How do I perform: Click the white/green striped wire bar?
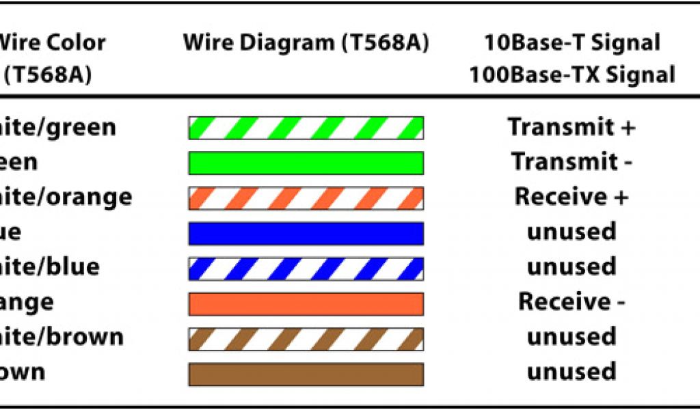(x=306, y=128)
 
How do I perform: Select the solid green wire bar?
(x=306, y=163)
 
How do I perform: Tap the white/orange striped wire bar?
(x=306, y=197)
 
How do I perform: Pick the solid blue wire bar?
(x=306, y=233)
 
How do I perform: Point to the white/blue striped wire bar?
(x=306, y=268)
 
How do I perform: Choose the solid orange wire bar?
(x=306, y=303)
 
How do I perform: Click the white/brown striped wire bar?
(x=306, y=338)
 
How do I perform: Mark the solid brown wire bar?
(x=306, y=374)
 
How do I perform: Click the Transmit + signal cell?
(x=571, y=127)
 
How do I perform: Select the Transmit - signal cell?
(x=571, y=162)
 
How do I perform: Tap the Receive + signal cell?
(x=571, y=197)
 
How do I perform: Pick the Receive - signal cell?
(x=571, y=301)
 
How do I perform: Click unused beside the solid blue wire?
(x=571, y=232)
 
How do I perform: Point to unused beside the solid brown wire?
(x=571, y=372)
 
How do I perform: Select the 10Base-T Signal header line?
(x=571, y=43)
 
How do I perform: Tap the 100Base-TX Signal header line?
(x=571, y=74)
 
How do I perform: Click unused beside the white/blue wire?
(x=571, y=266)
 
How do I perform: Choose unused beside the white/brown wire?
(x=571, y=337)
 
